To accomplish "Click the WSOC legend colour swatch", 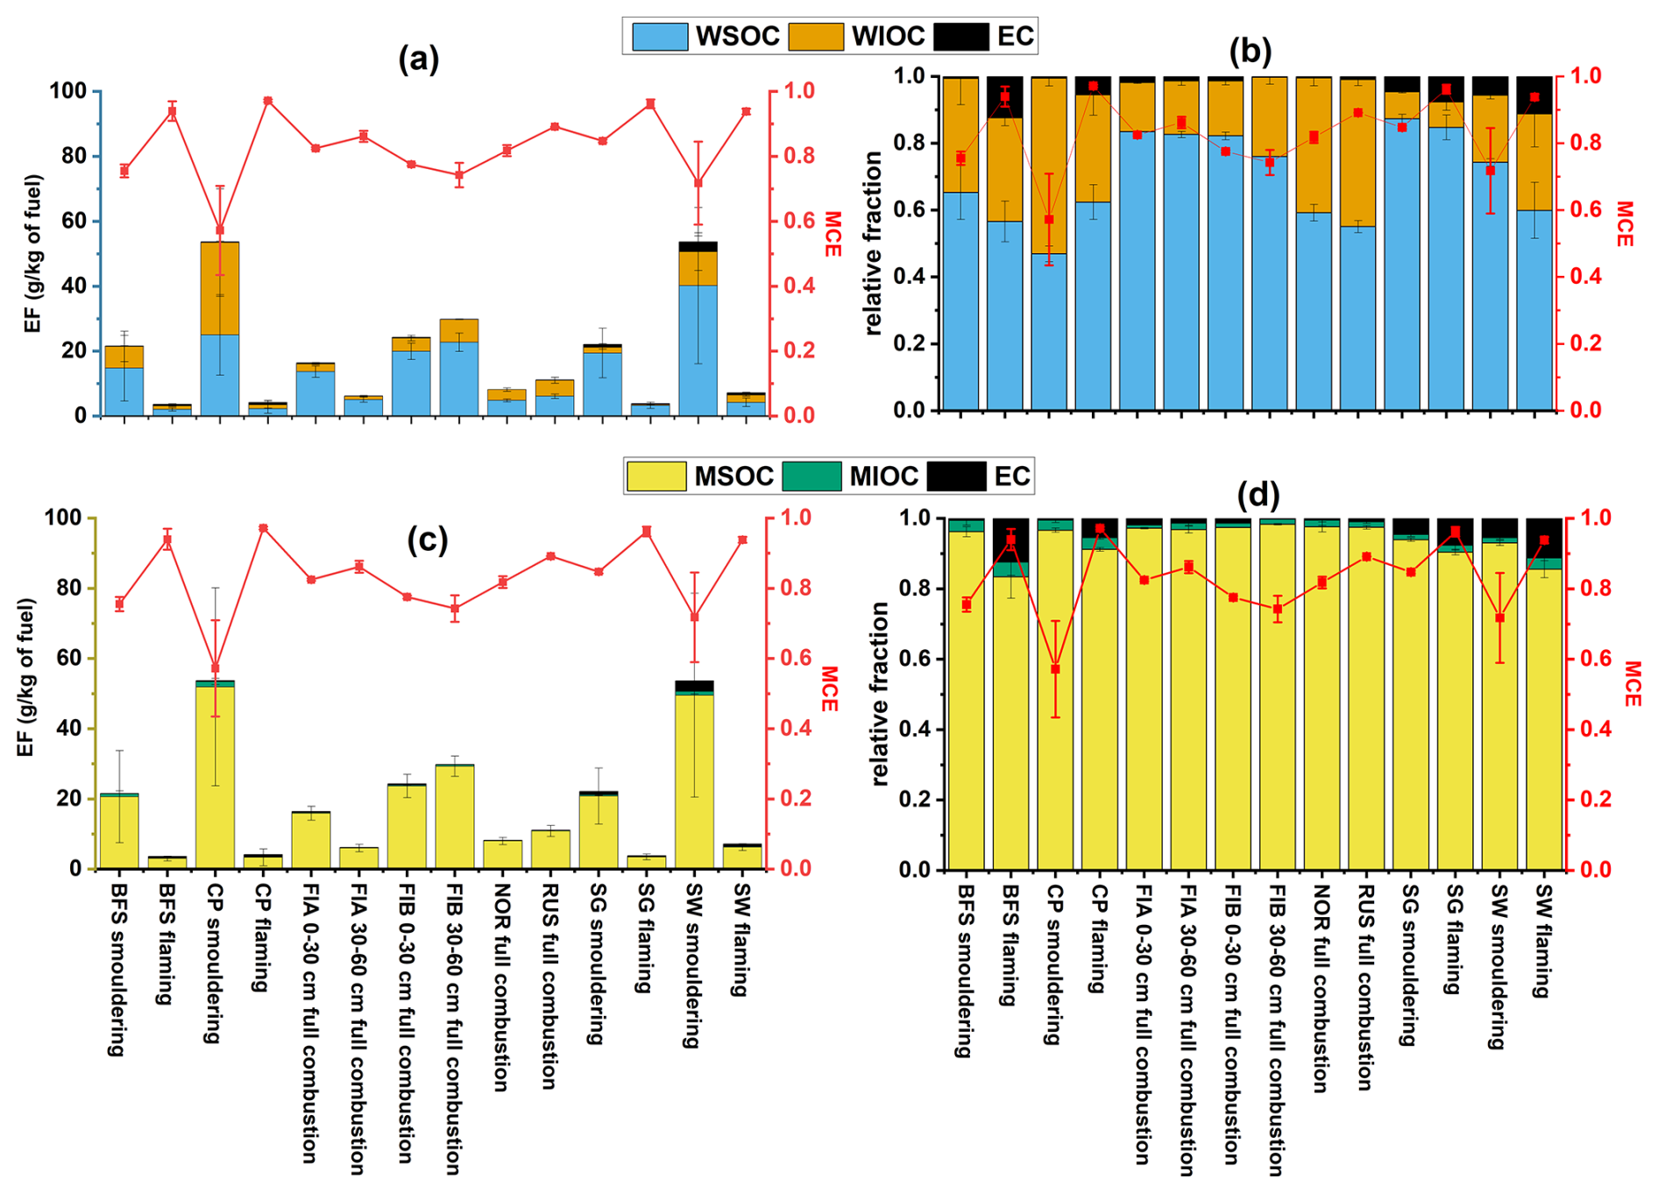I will point(659,36).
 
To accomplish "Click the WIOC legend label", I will point(888,36).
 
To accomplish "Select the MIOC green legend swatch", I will point(811,476).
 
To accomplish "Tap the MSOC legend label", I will point(733,476).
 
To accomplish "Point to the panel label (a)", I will point(418,60).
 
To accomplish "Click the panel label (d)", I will point(1258,496).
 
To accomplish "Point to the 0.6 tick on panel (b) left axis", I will point(911,210).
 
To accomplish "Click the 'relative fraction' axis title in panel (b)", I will point(873,243).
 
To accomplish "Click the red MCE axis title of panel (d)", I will point(1632,684).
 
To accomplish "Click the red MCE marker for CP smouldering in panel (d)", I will point(1056,669).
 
